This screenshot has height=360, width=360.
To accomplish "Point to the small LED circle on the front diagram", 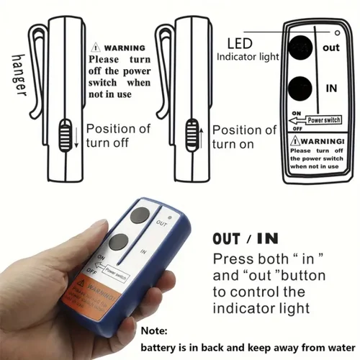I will (336, 33).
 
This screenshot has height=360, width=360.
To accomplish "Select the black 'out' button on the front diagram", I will (300, 49).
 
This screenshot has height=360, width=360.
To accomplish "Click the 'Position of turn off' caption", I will (119, 136).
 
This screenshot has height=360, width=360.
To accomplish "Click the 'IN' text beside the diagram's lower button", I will (332, 88).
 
